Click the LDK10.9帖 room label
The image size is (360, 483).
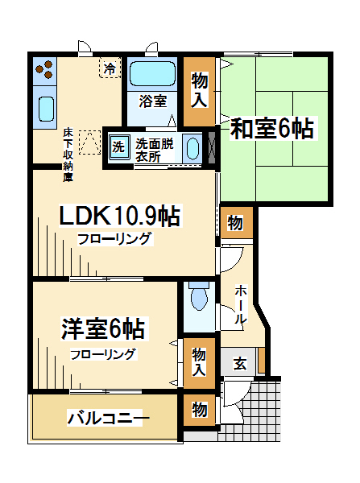click(119, 217)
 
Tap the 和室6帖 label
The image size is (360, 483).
click(272, 129)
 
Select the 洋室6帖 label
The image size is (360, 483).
click(103, 328)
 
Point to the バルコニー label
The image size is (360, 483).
click(108, 418)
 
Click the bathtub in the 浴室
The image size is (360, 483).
click(152, 73)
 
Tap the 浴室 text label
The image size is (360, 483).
click(153, 101)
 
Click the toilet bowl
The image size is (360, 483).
click(199, 296)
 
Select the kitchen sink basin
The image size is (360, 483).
click(47, 109)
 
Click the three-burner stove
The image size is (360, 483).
click(44, 69)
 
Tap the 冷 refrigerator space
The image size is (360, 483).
click(110, 68)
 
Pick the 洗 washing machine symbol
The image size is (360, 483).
click(118, 147)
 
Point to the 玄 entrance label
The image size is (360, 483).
click(240, 364)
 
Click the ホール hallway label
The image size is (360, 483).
click(241, 304)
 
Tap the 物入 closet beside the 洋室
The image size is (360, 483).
click(199, 362)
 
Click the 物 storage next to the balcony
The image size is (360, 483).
click(200, 410)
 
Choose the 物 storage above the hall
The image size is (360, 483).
click(235, 223)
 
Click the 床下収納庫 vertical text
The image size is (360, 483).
click(68, 155)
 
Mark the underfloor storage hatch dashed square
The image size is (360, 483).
click(89, 142)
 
